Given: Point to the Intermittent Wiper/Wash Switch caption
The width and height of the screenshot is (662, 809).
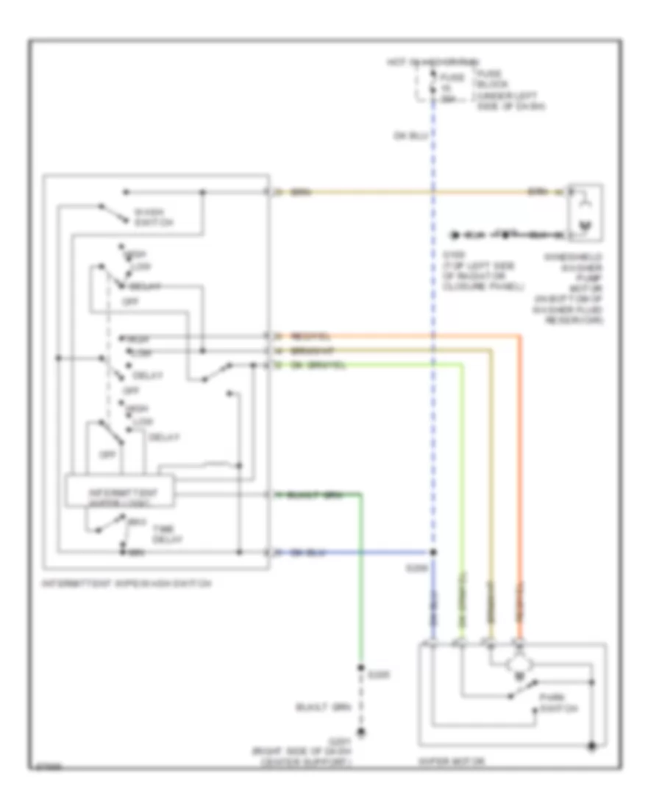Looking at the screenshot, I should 127,584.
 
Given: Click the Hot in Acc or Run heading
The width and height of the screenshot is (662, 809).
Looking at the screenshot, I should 433,60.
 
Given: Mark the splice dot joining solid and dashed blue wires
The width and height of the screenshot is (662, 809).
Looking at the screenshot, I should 433,552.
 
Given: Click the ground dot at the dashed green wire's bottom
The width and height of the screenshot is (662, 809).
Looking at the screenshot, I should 360,733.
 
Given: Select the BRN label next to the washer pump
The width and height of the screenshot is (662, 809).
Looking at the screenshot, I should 538,193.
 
